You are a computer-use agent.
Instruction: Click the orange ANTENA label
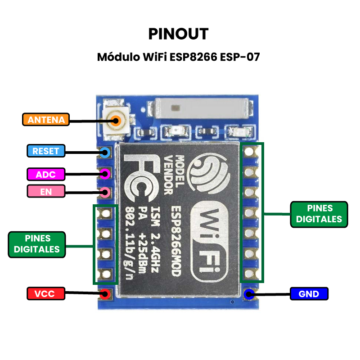click(46, 120)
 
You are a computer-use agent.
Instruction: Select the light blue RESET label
click(46, 151)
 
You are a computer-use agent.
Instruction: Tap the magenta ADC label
click(46, 174)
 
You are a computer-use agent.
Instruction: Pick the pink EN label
click(46, 191)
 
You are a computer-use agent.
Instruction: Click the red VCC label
click(45, 294)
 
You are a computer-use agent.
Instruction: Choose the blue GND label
click(309, 294)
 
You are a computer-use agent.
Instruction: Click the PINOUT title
click(179, 34)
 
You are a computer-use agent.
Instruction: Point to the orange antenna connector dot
click(117, 120)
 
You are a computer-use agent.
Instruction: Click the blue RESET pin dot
click(105, 152)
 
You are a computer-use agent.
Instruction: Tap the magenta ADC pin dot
click(105, 173)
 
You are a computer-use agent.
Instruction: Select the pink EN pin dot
click(105, 193)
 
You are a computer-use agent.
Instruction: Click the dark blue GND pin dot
click(249, 294)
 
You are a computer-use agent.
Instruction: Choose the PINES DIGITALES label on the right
click(319, 214)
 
